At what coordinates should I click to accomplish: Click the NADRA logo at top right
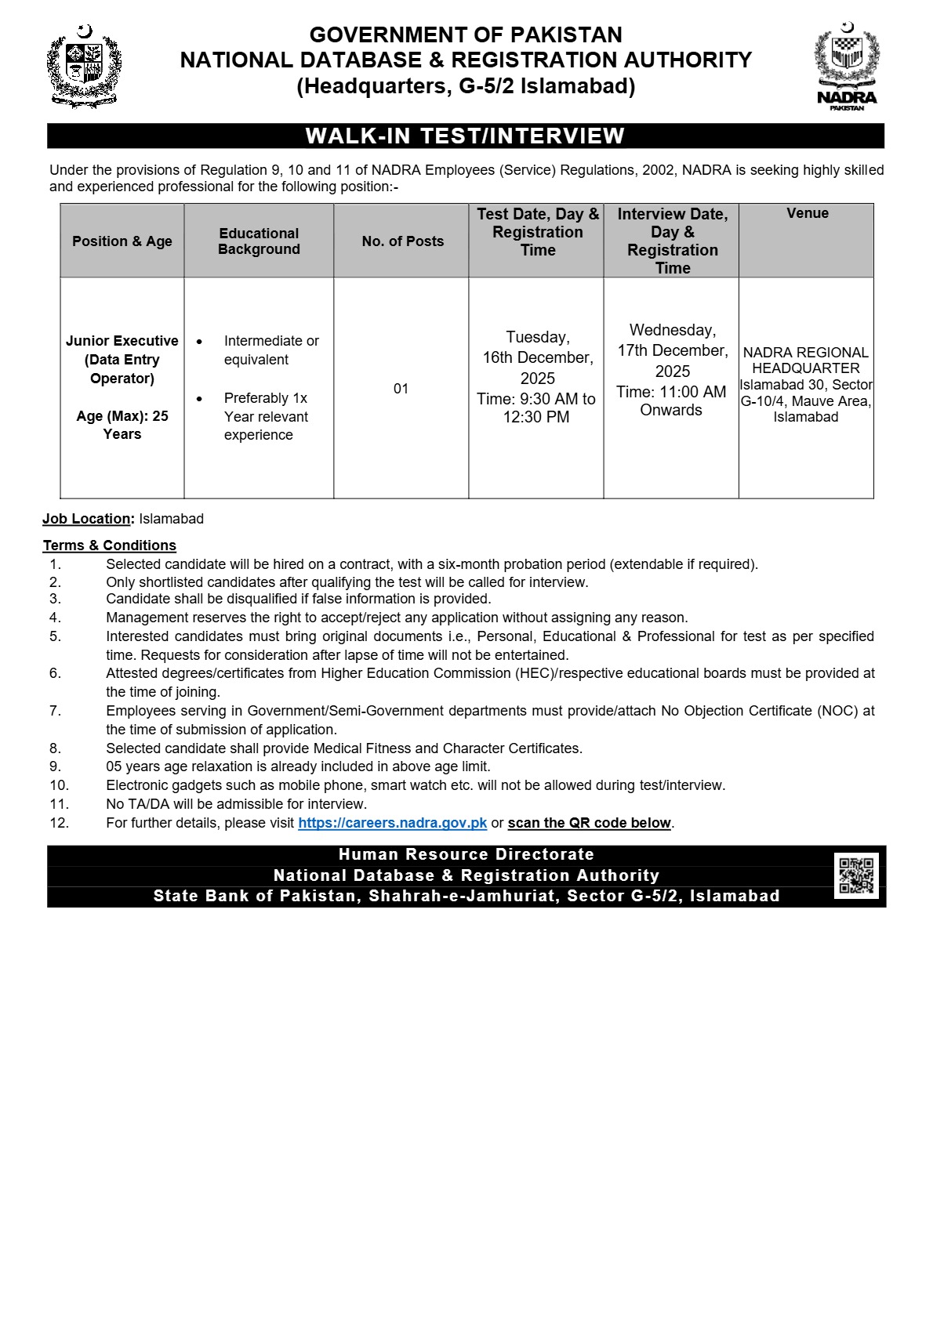847,67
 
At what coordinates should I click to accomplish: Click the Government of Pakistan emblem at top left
84,67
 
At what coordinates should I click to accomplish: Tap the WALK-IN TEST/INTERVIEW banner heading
465,136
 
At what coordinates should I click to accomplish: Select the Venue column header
807,213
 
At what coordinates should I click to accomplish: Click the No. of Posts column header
402,241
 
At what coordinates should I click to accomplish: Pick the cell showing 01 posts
401,389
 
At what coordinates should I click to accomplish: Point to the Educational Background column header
259,241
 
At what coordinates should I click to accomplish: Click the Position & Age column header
122,241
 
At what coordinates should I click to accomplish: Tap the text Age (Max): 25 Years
122,425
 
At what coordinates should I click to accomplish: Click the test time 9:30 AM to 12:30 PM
536,408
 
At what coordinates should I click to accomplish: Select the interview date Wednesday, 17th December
672,340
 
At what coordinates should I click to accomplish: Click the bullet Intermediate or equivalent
270,350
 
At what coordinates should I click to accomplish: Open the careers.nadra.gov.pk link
392,823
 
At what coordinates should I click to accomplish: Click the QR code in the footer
856,875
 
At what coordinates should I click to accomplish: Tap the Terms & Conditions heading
110,545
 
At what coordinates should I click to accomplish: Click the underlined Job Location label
87,519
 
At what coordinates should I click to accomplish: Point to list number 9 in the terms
55,766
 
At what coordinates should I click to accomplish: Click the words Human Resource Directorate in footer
466,854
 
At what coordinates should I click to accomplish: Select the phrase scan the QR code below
590,823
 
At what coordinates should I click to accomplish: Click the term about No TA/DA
236,804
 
